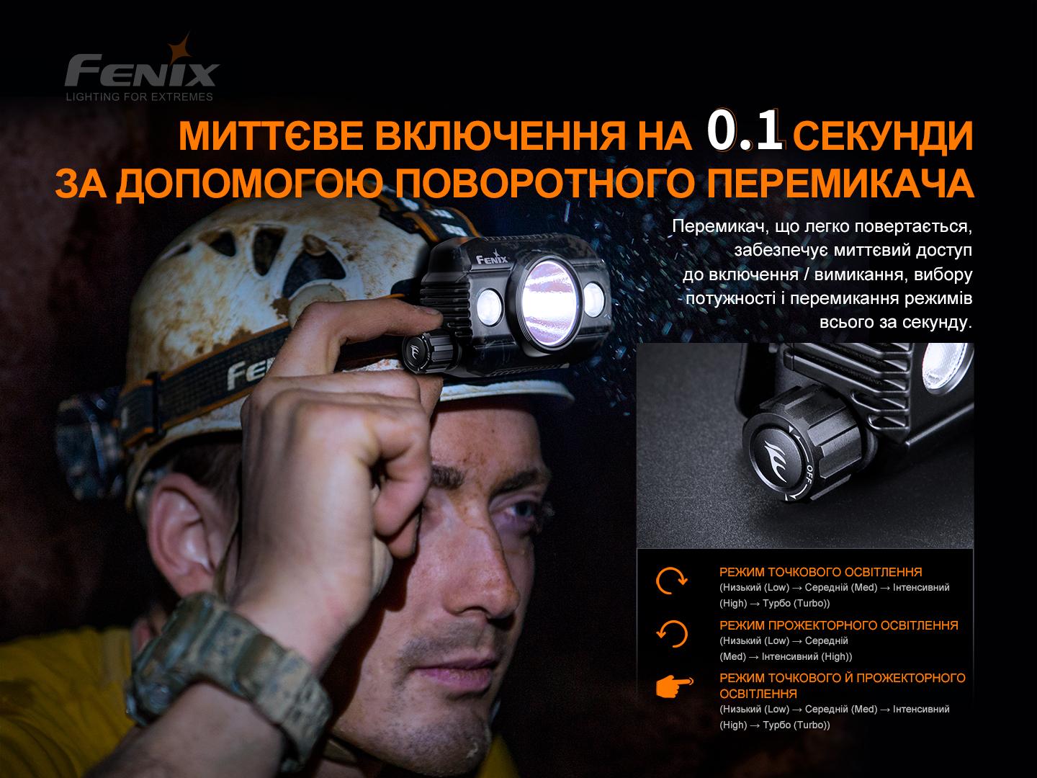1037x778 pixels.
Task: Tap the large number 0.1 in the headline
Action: click(x=745, y=131)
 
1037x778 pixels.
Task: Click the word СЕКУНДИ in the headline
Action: click(x=886, y=136)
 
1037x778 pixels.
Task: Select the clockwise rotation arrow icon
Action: click(x=672, y=580)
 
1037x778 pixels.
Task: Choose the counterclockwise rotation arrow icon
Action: click(x=672, y=634)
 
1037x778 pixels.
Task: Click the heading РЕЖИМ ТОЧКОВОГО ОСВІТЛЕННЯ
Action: click(x=820, y=572)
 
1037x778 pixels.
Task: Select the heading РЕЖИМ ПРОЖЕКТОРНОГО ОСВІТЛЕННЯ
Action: click(x=838, y=625)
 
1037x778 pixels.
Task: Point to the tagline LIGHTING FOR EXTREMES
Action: click(x=140, y=97)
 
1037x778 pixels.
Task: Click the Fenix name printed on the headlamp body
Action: click(x=492, y=256)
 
